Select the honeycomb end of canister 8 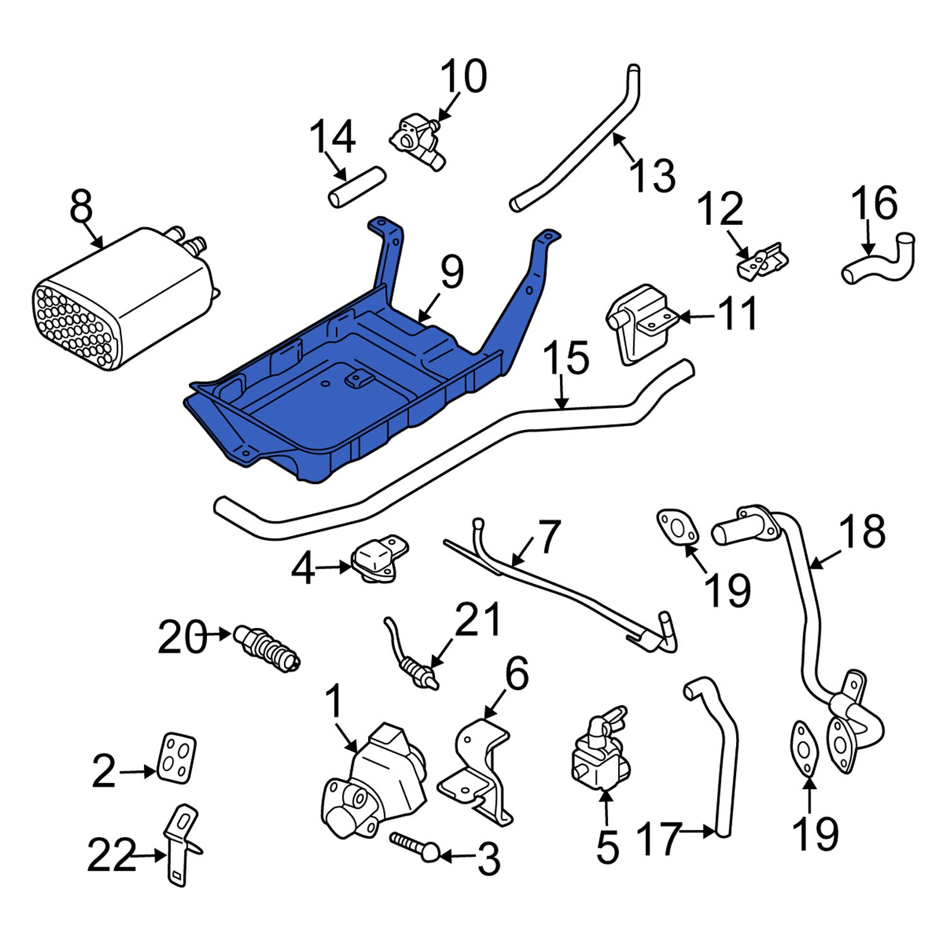pyautogui.click(x=74, y=327)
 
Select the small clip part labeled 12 pyautogui.click(x=763, y=260)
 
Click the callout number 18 pyautogui.click(x=862, y=531)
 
